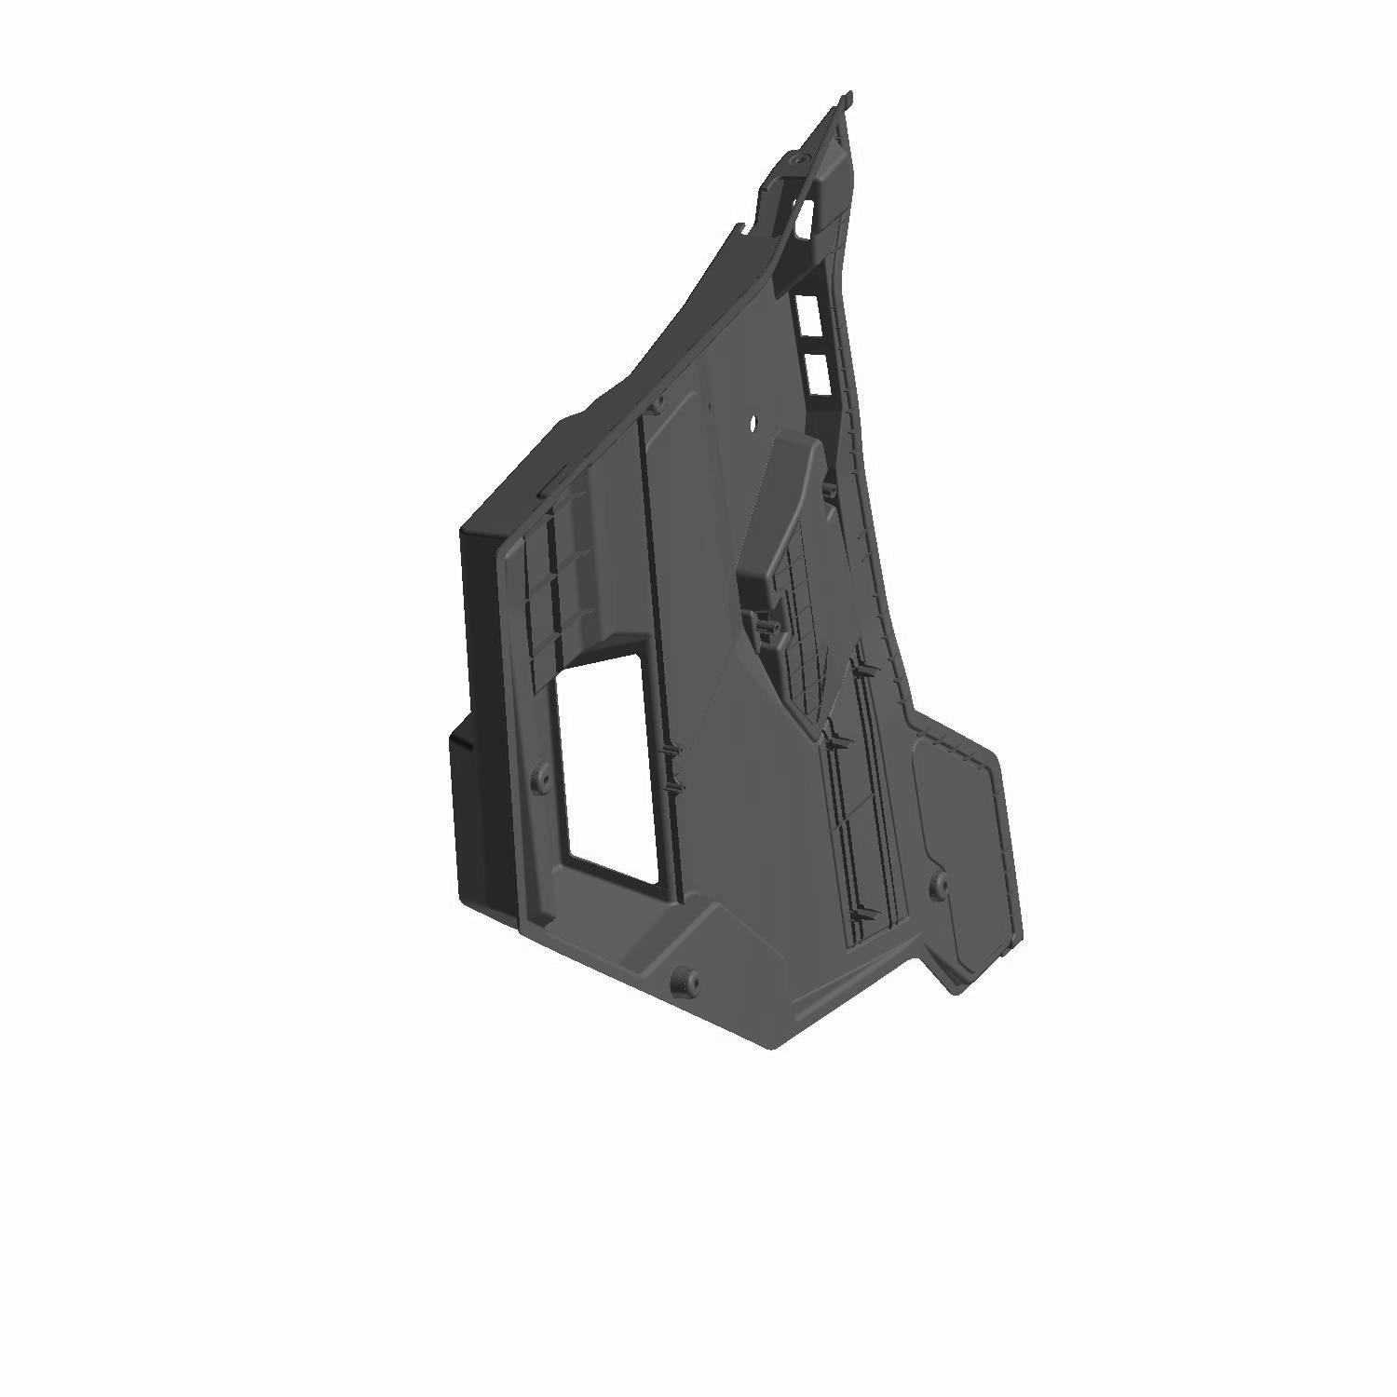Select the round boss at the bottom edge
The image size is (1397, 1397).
click(686, 979)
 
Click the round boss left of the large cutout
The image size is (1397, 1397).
click(538, 780)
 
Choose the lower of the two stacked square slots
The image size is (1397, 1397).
click(818, 370)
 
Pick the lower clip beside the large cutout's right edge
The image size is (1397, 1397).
click(675, 789)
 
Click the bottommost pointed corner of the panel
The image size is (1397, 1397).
click(773, 1048)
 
